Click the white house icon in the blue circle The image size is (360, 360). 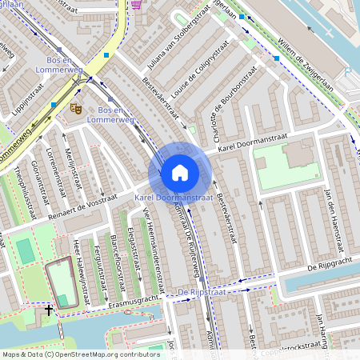180,173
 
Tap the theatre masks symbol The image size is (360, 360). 76,106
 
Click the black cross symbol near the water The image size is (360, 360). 49,309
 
